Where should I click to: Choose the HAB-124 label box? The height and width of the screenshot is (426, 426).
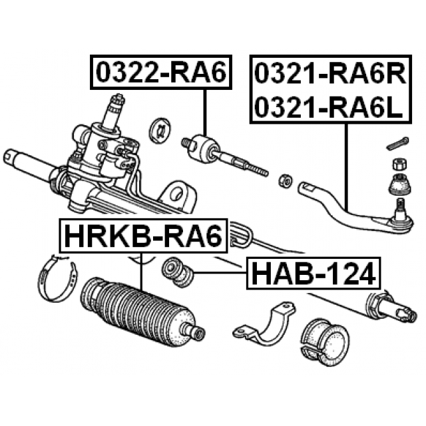(313, 272)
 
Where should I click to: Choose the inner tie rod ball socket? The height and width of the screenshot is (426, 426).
(202, 148)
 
